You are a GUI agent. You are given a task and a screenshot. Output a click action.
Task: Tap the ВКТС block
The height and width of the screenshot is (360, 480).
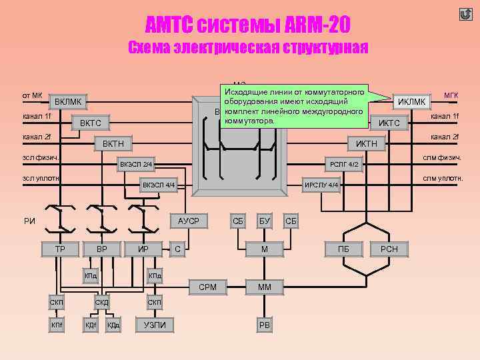(91, 123)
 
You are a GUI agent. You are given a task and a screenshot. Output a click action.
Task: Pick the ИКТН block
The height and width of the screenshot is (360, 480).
(366, 144)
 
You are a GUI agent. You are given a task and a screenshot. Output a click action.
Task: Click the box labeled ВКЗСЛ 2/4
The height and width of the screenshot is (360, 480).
(136, 164)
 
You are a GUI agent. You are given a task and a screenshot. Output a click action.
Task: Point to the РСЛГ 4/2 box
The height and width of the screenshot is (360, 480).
(345, 164)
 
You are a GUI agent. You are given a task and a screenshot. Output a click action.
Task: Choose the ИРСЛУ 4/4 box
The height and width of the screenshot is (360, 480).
(322, 185)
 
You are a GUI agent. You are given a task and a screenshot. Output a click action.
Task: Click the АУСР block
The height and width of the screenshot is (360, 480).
(189, 221)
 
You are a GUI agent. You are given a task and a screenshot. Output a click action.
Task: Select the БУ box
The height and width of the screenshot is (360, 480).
(265, 221)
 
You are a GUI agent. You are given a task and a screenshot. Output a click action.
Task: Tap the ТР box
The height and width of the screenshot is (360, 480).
(60, 249)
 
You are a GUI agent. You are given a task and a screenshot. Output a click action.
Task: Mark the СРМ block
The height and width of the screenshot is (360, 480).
(207, 287)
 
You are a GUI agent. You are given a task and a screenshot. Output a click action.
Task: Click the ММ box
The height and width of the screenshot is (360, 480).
(265, 287)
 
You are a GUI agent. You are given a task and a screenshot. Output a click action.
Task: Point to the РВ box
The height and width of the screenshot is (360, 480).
(265, 325)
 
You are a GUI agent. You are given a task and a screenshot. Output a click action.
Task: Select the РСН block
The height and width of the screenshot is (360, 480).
(389, 249)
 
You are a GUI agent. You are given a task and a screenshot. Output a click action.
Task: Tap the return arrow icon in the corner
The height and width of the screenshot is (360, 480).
(465, 14)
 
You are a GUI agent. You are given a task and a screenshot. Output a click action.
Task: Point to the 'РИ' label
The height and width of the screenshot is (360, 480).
(29, 221)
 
